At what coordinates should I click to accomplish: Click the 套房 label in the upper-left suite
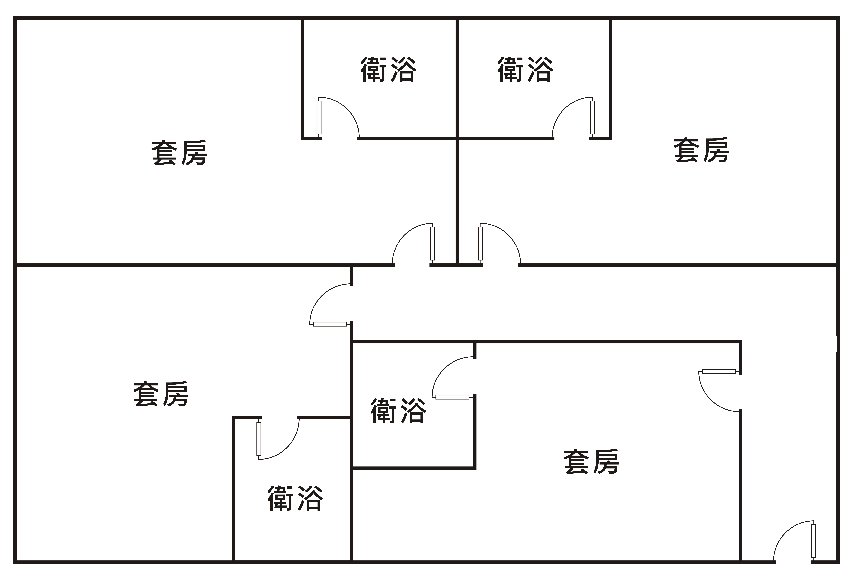click(179, 153)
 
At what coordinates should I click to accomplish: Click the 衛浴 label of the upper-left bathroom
click(388, 69)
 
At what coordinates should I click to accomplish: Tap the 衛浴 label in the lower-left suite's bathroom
click(295, 498)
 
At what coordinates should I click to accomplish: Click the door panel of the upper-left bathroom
click(319, 117)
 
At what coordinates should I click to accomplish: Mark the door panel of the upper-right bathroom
click(592, 117)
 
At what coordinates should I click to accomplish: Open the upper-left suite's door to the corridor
click(432, 244)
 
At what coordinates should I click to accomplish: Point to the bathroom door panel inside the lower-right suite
click(452, 397)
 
